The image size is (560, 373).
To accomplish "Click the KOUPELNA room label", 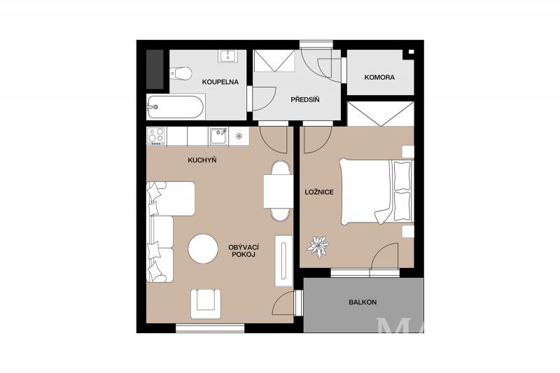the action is point(220,82).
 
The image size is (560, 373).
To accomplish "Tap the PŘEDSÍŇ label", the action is point(304,99).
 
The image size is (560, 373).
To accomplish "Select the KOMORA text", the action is point(379,77).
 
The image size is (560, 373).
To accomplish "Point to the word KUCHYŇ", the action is point(202,160).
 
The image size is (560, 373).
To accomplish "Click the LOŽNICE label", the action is point(319,192).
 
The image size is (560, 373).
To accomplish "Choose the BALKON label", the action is point(363,302).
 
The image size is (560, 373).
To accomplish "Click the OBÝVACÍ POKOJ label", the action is point(243,251).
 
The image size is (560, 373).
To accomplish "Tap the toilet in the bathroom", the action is point(181,73).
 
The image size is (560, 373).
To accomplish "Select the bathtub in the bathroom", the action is point(176,107).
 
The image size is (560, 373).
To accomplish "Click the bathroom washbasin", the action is point(227,57).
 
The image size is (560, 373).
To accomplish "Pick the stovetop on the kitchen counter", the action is point(156,136).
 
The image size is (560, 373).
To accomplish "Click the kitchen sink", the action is point(218,136).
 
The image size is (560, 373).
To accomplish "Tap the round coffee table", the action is point(203,249).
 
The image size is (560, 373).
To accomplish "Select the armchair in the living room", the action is point(205,304).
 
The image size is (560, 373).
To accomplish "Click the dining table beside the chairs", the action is point(278,191).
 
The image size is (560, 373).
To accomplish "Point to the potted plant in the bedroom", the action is point(318,246).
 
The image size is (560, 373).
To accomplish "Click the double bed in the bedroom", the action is point(377,192).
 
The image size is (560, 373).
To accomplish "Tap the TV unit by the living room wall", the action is point(283,260).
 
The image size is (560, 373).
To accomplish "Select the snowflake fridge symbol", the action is point(239,136).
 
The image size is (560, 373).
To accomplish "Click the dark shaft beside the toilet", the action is point(155,69).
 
